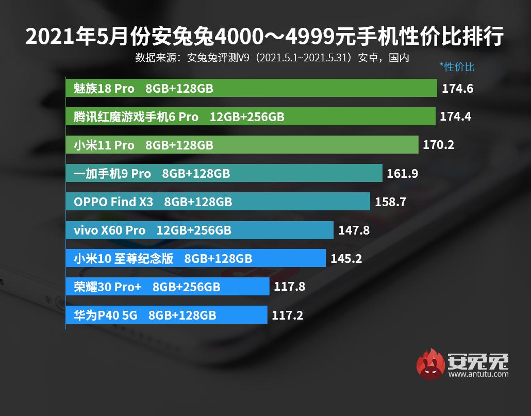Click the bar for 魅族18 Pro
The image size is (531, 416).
[252, 88]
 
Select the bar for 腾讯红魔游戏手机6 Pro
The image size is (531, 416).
[251, 117]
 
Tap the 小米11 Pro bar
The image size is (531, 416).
[242, 145]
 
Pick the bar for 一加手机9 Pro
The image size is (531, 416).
[224, 173]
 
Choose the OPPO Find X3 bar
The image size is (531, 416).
[218, 202]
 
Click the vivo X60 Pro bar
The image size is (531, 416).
[200, 230]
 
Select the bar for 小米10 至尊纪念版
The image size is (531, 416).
[196, 258]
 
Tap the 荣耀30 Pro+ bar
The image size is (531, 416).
[168, 286]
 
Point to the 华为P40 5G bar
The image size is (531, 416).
[167, 314]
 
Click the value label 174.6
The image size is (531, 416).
[457, 89]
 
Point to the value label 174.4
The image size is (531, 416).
[455, 117]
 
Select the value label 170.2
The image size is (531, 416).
[438, 145]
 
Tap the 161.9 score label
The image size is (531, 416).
[402, 174]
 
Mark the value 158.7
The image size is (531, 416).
[390, 202]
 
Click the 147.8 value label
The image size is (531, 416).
[354, 230]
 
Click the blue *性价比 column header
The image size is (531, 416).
[457, 66]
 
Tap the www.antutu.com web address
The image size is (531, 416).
[478, 374]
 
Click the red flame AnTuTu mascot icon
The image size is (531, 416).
[431, 364]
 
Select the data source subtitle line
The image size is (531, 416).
[272, 58]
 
